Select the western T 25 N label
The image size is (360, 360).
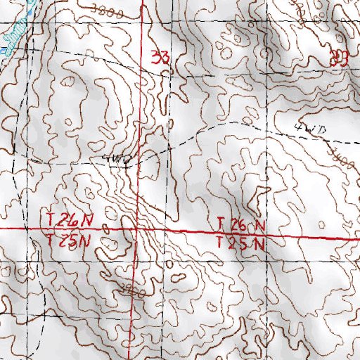click(x=67, y=240)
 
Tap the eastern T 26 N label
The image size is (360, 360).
click(x=241, y=225)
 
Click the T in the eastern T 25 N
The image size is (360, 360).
click(x=220, y=244)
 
